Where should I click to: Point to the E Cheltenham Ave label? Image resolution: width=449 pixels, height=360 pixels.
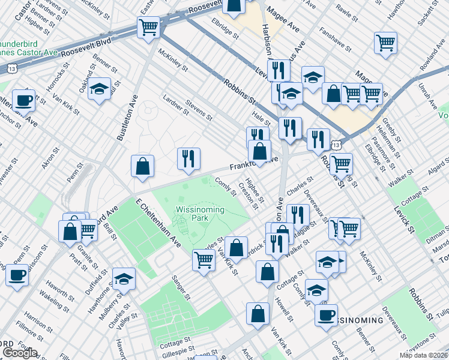click(158, 223)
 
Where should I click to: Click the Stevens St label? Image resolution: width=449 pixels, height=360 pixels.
click(199, 110)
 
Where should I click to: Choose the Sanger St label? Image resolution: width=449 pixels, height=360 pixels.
click(181, 287)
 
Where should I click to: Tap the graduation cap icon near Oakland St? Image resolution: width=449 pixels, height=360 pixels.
click(100, 89)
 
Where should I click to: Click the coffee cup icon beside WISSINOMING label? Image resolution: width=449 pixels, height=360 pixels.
click(327, 314)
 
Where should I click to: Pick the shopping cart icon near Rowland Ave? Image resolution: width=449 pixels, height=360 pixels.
click(385, 43)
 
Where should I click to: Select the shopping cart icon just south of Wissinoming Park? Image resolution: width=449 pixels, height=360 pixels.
click(203, 260)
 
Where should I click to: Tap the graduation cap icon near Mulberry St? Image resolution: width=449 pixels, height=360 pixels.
click(124, 278)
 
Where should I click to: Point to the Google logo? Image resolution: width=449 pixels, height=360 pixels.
click(20, 353)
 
